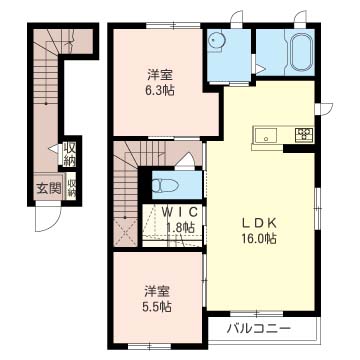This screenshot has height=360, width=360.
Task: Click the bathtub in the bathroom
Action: coord(302,52)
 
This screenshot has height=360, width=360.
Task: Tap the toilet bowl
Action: coord(165,185)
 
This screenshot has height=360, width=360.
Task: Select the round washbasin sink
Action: coord(216,40)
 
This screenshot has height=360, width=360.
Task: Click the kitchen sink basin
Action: coord(266,135)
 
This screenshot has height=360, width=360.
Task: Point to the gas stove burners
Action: coord(303,135)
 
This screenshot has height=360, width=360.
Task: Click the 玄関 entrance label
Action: coord(49,189)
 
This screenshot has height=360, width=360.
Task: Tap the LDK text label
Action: coord(258,223)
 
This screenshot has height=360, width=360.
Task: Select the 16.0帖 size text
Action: coord(259,239)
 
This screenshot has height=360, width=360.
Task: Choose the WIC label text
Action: coord(179,212)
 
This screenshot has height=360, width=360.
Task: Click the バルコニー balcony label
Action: coord(259,329)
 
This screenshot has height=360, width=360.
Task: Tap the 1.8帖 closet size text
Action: coord(180,228)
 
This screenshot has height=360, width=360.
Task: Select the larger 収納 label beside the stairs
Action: coord(70,154)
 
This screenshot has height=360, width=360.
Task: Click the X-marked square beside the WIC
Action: coord(125,232)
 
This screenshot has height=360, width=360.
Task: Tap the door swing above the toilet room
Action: coord(184,160)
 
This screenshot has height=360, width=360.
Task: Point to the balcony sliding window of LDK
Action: coord(257,314)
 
